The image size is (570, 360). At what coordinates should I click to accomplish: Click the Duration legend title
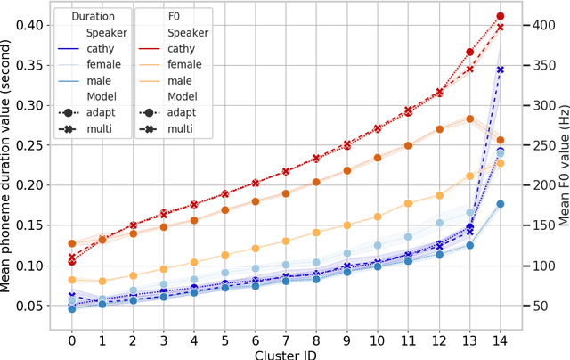[x=94, y=16]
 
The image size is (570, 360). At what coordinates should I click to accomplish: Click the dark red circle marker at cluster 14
[x=500, y=16]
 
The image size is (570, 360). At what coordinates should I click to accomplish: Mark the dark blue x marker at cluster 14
[x=500, y=70]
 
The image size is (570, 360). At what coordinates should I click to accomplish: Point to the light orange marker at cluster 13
[x=469, y=176]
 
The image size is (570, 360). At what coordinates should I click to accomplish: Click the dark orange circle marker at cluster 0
[x=71, y=243]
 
